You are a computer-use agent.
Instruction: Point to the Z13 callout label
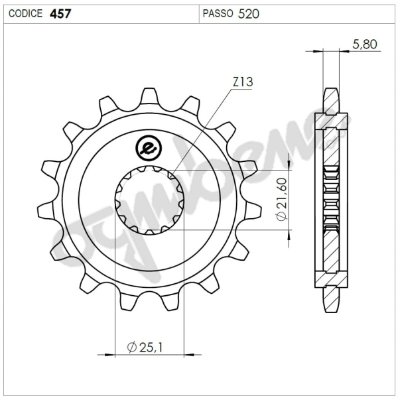tap(242, 82)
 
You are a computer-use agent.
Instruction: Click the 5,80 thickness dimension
tap(365, 45)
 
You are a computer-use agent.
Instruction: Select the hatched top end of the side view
tap(330, 103)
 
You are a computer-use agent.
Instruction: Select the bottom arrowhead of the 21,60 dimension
tap(289, 235)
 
